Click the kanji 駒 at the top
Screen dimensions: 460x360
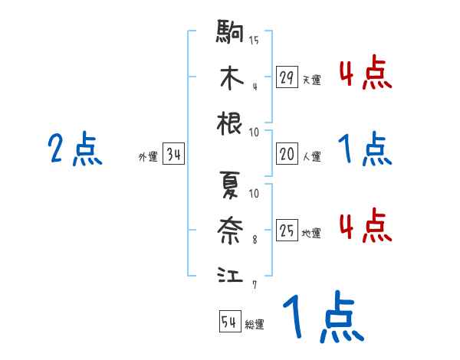(231, 34)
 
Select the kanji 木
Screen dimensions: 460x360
(231, 78)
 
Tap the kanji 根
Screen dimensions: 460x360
(231, 123)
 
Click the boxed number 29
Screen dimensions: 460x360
(287, 77)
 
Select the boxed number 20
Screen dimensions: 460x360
(287, 154)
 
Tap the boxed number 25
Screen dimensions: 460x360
(287, 231)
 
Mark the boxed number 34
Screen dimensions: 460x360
(173, 155)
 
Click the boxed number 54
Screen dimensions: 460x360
(229, 322)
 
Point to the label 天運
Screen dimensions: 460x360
(311, 80)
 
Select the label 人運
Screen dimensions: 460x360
(311, 156)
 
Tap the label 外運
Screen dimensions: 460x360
(148, 157)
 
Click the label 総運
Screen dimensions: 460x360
(255, 325)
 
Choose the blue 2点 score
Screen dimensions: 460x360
(75, 149)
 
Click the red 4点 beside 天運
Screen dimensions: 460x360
(365, 74)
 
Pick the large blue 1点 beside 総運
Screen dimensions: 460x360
(323, 317)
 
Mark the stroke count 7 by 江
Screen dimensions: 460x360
(255, 285)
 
